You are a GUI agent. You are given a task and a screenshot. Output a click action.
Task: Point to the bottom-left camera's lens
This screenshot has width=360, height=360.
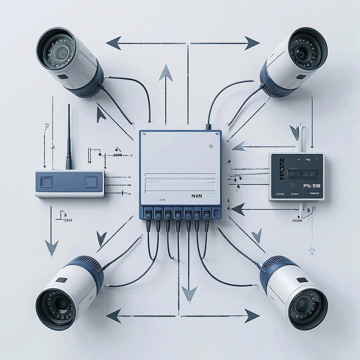pyautogui.click(x=58, y=306)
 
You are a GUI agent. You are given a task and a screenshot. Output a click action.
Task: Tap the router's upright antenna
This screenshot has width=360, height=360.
pyautogui.click(x=69, y=137)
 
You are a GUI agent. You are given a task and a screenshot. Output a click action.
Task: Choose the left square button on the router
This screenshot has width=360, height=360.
pyautogui.click(x=46, y=182)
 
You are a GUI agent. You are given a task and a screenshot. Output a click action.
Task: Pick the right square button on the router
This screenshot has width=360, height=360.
pyautogui.click(x=91, y=182)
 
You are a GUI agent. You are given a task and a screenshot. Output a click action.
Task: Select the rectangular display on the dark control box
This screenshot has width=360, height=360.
pyautogui.click(x=302, y=173)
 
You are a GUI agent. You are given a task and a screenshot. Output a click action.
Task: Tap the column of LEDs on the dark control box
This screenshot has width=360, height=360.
pyautogui.click(x=281, y=168)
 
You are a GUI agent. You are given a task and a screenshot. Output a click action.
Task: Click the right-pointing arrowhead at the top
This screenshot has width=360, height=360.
pyautogui.click(x=252, y=43)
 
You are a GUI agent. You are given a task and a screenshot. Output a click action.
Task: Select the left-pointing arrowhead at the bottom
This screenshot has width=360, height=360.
pyautogui.click(x=114, y=316)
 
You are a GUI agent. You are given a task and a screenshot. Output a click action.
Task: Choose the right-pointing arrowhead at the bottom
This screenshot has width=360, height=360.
pyautogui.click(x=252, y=316)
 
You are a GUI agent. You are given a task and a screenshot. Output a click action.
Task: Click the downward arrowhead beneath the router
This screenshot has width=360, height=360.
pyautogui.click(x=51, y=247)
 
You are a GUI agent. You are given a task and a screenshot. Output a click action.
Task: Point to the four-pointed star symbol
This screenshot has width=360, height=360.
pyautogui.click(x=311, y=251)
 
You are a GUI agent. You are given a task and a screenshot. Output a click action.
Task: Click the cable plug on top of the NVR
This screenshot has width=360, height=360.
pyautogui.click(x=208, y=127)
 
